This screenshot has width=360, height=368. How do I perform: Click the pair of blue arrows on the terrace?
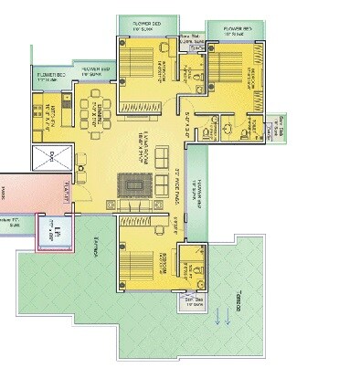pyautogui.click(x=221, y=317)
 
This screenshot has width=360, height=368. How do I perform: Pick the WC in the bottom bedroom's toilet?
pyautogui.click(x=193, y=270)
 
